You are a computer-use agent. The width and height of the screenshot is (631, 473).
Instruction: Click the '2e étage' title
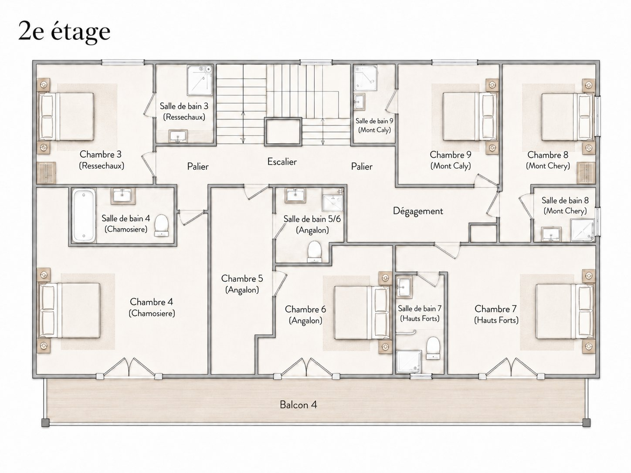click(x=64, y=32)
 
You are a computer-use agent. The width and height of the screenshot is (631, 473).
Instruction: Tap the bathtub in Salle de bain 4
click(x=83, y=215)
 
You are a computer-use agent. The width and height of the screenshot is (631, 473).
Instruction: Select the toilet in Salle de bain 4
click(x=162, y=226)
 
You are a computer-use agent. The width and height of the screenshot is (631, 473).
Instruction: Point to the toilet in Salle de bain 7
click(x=433, y=348)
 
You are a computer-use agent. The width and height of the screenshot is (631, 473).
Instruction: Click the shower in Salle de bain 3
click(x=200, y=80)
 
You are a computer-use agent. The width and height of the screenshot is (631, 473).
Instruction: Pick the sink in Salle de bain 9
click(x=359, y=101)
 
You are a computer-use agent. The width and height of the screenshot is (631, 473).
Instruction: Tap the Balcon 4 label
click(x=298, y=405)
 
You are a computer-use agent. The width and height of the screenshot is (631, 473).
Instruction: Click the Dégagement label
click(x=418, y=211)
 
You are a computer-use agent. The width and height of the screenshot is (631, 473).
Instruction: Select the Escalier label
click(x=282, y=162)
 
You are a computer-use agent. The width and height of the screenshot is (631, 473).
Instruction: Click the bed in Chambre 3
click(x=66, y=116)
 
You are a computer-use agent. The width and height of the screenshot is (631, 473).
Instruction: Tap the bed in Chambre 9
click(x=470, y=116)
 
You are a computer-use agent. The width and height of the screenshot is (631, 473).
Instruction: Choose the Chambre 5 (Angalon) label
click(x=242, y=284)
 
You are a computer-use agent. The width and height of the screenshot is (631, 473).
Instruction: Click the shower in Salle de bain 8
click(x=582, y=230)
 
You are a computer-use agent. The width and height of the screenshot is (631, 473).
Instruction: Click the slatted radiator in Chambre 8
click(x=586, y=173)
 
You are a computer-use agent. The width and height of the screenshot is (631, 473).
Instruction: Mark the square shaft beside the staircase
click(x=283, y=132)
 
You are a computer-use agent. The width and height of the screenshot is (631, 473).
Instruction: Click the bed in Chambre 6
click(x=362, y=312)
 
